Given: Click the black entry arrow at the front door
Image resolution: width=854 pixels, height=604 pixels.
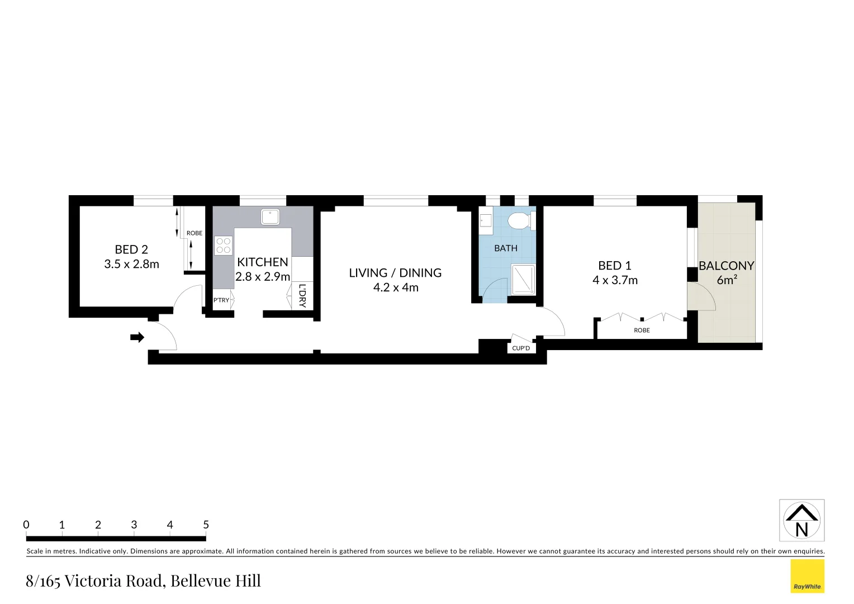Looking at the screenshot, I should point(137,337).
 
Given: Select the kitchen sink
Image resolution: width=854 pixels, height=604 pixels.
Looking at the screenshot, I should point(271,216).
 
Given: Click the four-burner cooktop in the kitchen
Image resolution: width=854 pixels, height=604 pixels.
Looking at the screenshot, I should point(223,246).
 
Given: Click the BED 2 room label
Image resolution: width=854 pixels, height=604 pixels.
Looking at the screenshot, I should point(131,250).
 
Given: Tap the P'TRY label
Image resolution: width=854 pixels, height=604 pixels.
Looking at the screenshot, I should point(221,300).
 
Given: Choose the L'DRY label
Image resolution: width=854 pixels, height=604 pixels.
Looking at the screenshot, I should point(302,296).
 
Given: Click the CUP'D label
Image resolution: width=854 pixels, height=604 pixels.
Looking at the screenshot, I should point(521,348).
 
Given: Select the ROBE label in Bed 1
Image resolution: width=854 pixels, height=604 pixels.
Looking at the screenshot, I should point(642,331).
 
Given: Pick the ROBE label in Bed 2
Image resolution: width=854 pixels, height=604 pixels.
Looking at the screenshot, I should point(194,233).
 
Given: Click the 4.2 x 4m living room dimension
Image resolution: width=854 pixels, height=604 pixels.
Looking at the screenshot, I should point(396,287).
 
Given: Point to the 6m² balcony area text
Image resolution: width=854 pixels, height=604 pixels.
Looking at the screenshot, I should point(727,280).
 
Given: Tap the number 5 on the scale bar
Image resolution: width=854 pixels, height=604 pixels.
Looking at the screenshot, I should point(206,525).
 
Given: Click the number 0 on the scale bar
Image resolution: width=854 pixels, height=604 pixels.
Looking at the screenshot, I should point(26,525).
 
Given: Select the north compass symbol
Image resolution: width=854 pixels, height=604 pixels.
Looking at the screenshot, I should point(801,521).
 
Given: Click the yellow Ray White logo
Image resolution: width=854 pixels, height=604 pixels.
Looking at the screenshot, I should point(807,576).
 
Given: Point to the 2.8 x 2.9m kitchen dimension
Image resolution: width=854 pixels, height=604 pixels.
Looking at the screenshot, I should point(263,277).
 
